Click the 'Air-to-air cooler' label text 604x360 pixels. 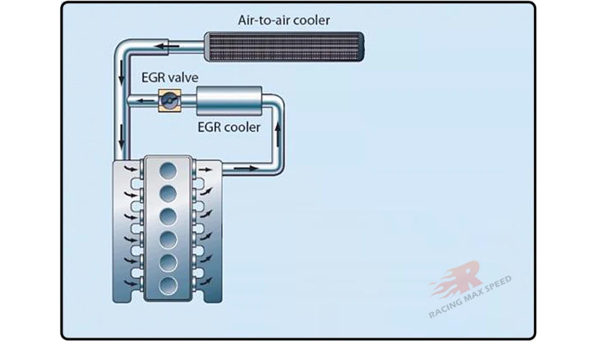coord(284,20)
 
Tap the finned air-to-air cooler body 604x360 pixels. coord(283,47)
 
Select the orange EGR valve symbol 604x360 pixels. coord(169,100)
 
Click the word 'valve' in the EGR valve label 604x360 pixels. coord(182,78)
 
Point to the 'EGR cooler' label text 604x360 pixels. coord(229,127)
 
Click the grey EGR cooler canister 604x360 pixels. coord(230,100)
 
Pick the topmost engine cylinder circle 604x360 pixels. coord(168,170)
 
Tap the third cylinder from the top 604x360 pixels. coord(168,216)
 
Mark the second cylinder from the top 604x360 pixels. coord(168,193)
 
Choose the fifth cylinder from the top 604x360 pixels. coord(168,261)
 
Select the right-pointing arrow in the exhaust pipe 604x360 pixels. coord(250,169)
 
